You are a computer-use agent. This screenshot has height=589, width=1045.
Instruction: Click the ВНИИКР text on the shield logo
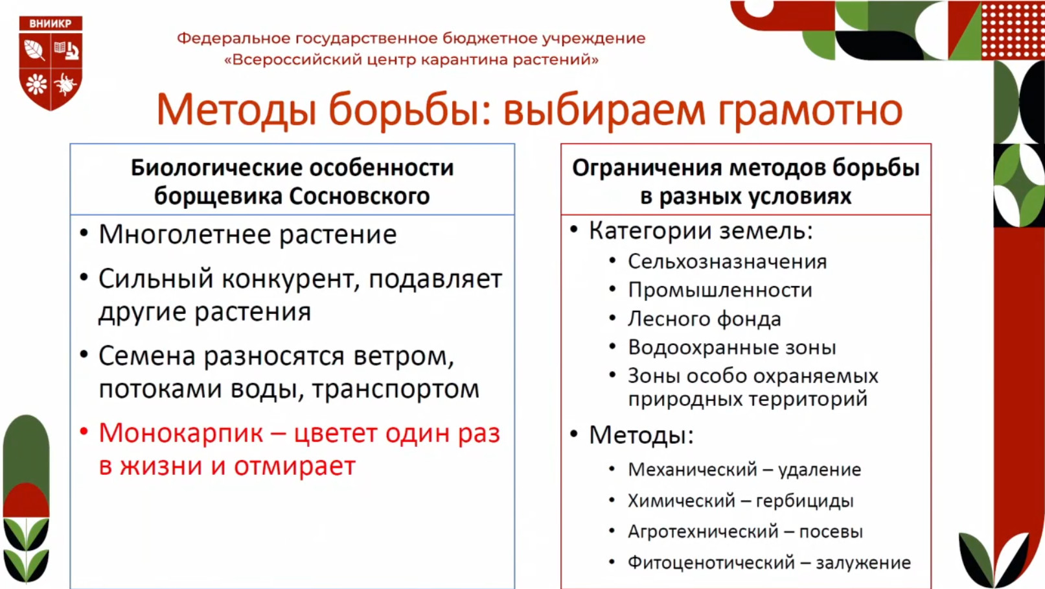pos(51,23)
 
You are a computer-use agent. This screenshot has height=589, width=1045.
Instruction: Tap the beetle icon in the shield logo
pos(65,84)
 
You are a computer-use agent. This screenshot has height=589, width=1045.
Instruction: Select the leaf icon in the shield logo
pos(34,50)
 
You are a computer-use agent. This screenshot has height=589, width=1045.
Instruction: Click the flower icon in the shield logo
pos(36,84)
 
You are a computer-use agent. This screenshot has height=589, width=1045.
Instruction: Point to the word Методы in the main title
pos(236,110)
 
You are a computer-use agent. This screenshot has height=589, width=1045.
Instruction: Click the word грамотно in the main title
pos(810,112)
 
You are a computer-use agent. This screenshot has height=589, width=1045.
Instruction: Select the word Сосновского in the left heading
pos(359,196)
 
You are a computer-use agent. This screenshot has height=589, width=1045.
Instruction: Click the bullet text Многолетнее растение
pos(247,234)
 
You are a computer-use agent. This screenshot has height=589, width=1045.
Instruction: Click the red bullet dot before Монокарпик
pos(84,431)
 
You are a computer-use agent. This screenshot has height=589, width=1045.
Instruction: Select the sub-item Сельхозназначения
pos(728,261)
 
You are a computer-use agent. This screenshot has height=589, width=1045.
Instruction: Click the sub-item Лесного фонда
pos(704,319)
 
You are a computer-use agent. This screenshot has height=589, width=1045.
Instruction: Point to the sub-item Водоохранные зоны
pos(732,348)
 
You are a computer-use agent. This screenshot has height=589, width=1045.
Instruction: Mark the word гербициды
pos(805,501)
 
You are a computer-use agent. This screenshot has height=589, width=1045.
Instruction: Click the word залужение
pos(863,563)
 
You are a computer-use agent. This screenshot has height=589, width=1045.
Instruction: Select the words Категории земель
pos(701,231)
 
